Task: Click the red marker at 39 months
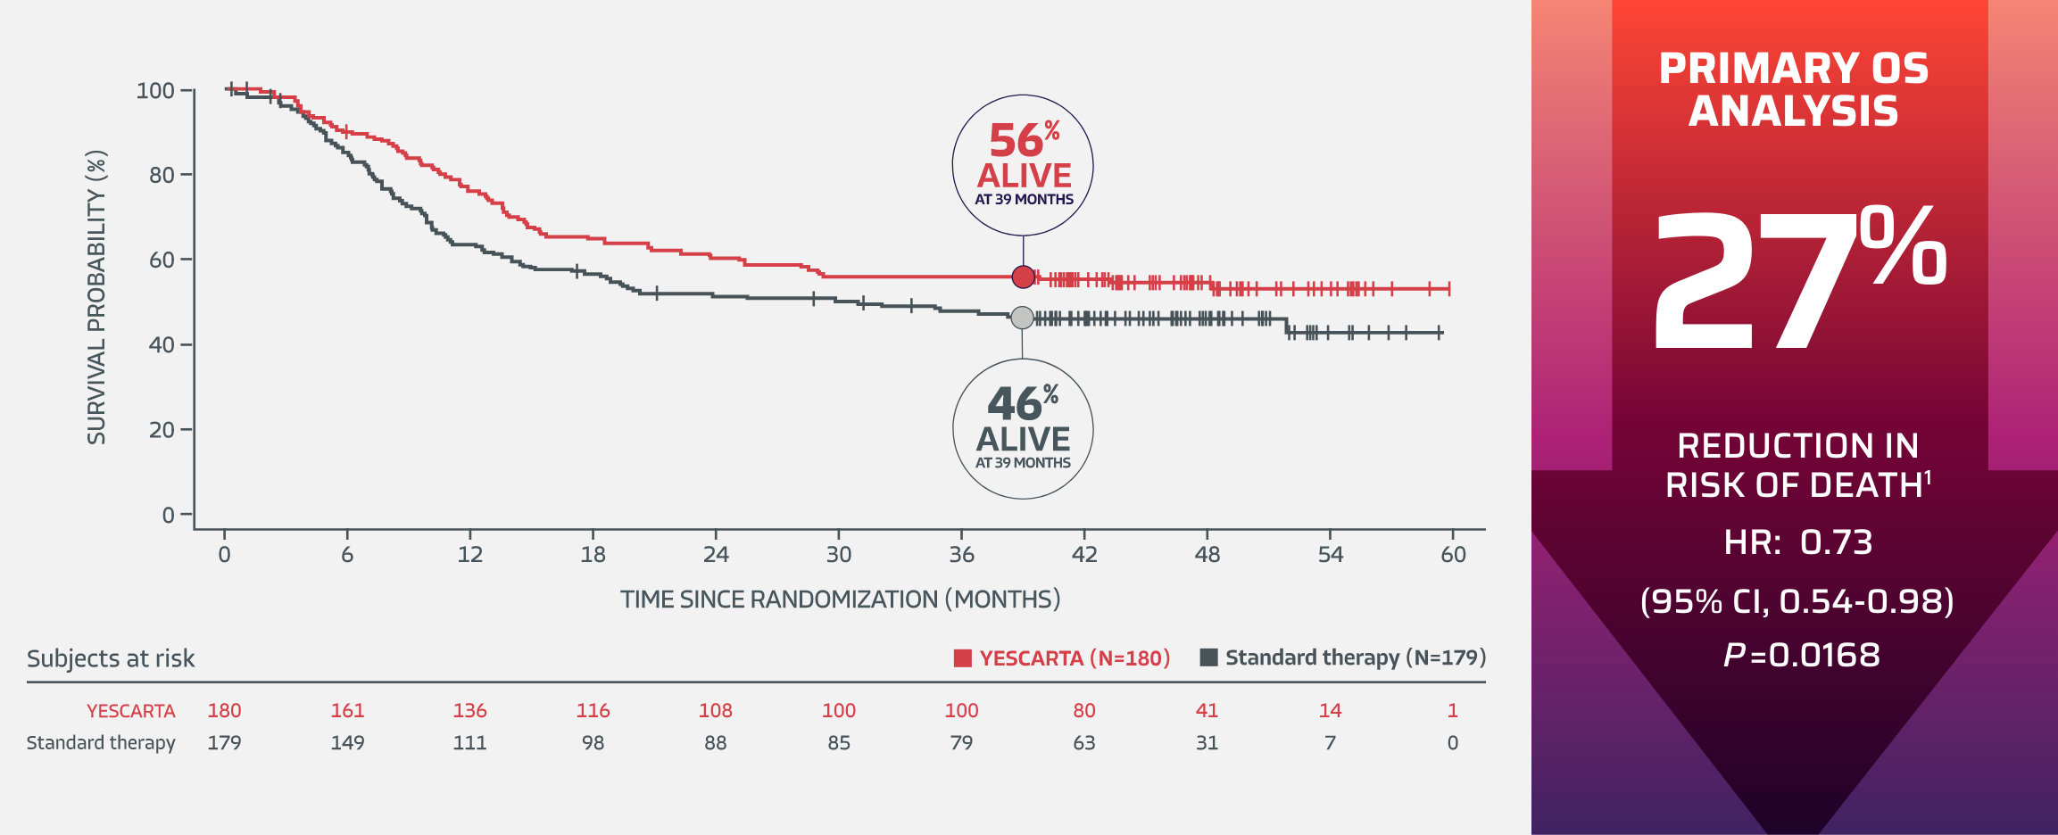click(x=1024, y=277)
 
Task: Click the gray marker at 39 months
click(x=1023, y=318)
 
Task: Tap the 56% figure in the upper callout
click(x=1017, y=141)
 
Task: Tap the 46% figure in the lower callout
click(x=1016, y=404)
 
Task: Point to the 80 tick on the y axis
click(x=162, y=175)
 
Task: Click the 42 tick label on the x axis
click(x=1084, y=555)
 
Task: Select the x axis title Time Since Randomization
click(x=840, y=599)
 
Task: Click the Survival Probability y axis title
click(x=96, y=297)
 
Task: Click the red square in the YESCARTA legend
click(x=962, y=658)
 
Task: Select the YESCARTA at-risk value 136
click(x=469, y=711)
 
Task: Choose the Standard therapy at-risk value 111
click(x=469, y=743)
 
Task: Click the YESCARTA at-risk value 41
click(x=1207, y=711)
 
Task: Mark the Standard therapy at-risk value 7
click(x=1330, y=743)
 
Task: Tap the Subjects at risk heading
click(x=111, y=658)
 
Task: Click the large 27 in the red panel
click(x=1749, y=281)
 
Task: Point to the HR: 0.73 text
click(x=1797, y=542)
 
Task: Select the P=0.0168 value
click(x=1801, y=656)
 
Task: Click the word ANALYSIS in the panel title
click(x=1793, y=112)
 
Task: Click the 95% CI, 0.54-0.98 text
click(x=1797, y=601)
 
